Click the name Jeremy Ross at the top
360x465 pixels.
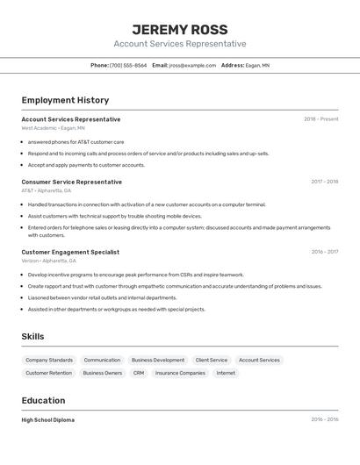[x=179, y=29]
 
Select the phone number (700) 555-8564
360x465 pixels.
[x=128, y=65]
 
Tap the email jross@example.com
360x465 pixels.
[x=192, y=65]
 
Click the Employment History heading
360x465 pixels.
[x=65, y=100]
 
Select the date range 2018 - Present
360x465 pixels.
[x=320, y=119]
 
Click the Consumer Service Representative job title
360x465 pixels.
[x=72, y=182]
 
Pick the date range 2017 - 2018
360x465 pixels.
[x=324, y=182]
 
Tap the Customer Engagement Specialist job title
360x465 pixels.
[x=70, y=252]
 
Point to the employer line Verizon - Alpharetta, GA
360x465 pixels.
[x=49, y=261]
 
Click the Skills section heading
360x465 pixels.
[x=32, y=337]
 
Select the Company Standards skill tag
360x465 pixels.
[x=49, y=360]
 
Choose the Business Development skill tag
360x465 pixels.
[x=158, y=360]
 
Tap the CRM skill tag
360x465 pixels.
[x=139, y=373]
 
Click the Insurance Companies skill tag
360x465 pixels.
[x=180, y=373]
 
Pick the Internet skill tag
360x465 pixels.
[x=226, y=373]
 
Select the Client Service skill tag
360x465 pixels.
[x=211, y=360]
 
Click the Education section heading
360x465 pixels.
[x=43, y=400]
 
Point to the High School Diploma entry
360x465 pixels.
[x=48, y=419]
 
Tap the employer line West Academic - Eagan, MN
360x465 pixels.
[x=54, y=128]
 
